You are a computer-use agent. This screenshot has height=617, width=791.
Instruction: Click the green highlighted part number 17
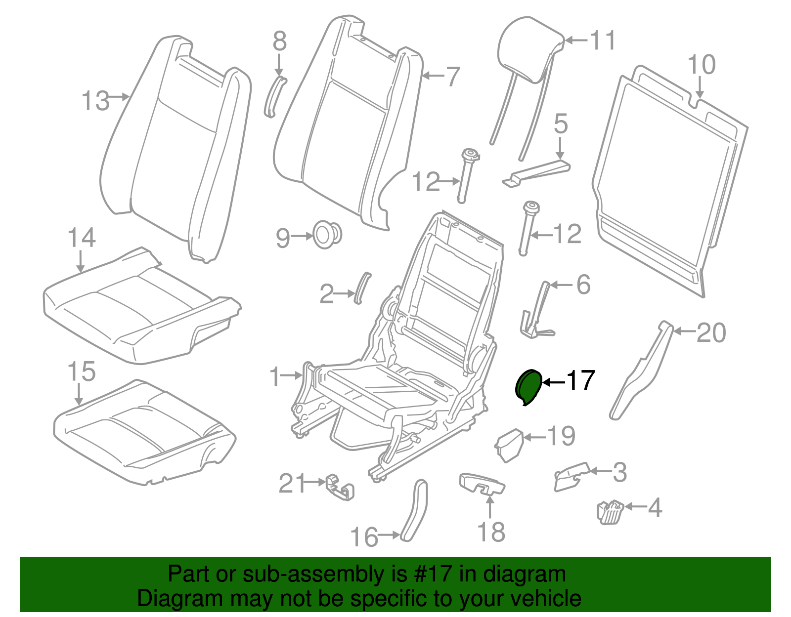click(x=528, y=387)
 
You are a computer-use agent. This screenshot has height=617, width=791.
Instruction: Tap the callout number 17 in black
click(x=580, y=380)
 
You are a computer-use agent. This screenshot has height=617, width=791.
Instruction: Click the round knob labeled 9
click(x=327, y=235)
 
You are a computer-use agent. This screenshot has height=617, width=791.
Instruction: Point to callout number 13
click(x=95, y=101)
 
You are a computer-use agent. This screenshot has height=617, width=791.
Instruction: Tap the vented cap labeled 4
click(x=611, y=511)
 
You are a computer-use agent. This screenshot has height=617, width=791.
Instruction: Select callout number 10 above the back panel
click(x=701, y=66)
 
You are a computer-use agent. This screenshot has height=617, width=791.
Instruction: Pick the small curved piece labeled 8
click(x=274, y=96)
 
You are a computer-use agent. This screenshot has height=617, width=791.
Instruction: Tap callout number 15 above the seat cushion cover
click(x=81, y=371)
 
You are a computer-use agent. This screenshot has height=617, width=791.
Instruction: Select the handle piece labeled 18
click(x=482, y=483)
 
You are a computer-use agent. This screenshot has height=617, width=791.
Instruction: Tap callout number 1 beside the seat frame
click(x=275, y=377)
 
